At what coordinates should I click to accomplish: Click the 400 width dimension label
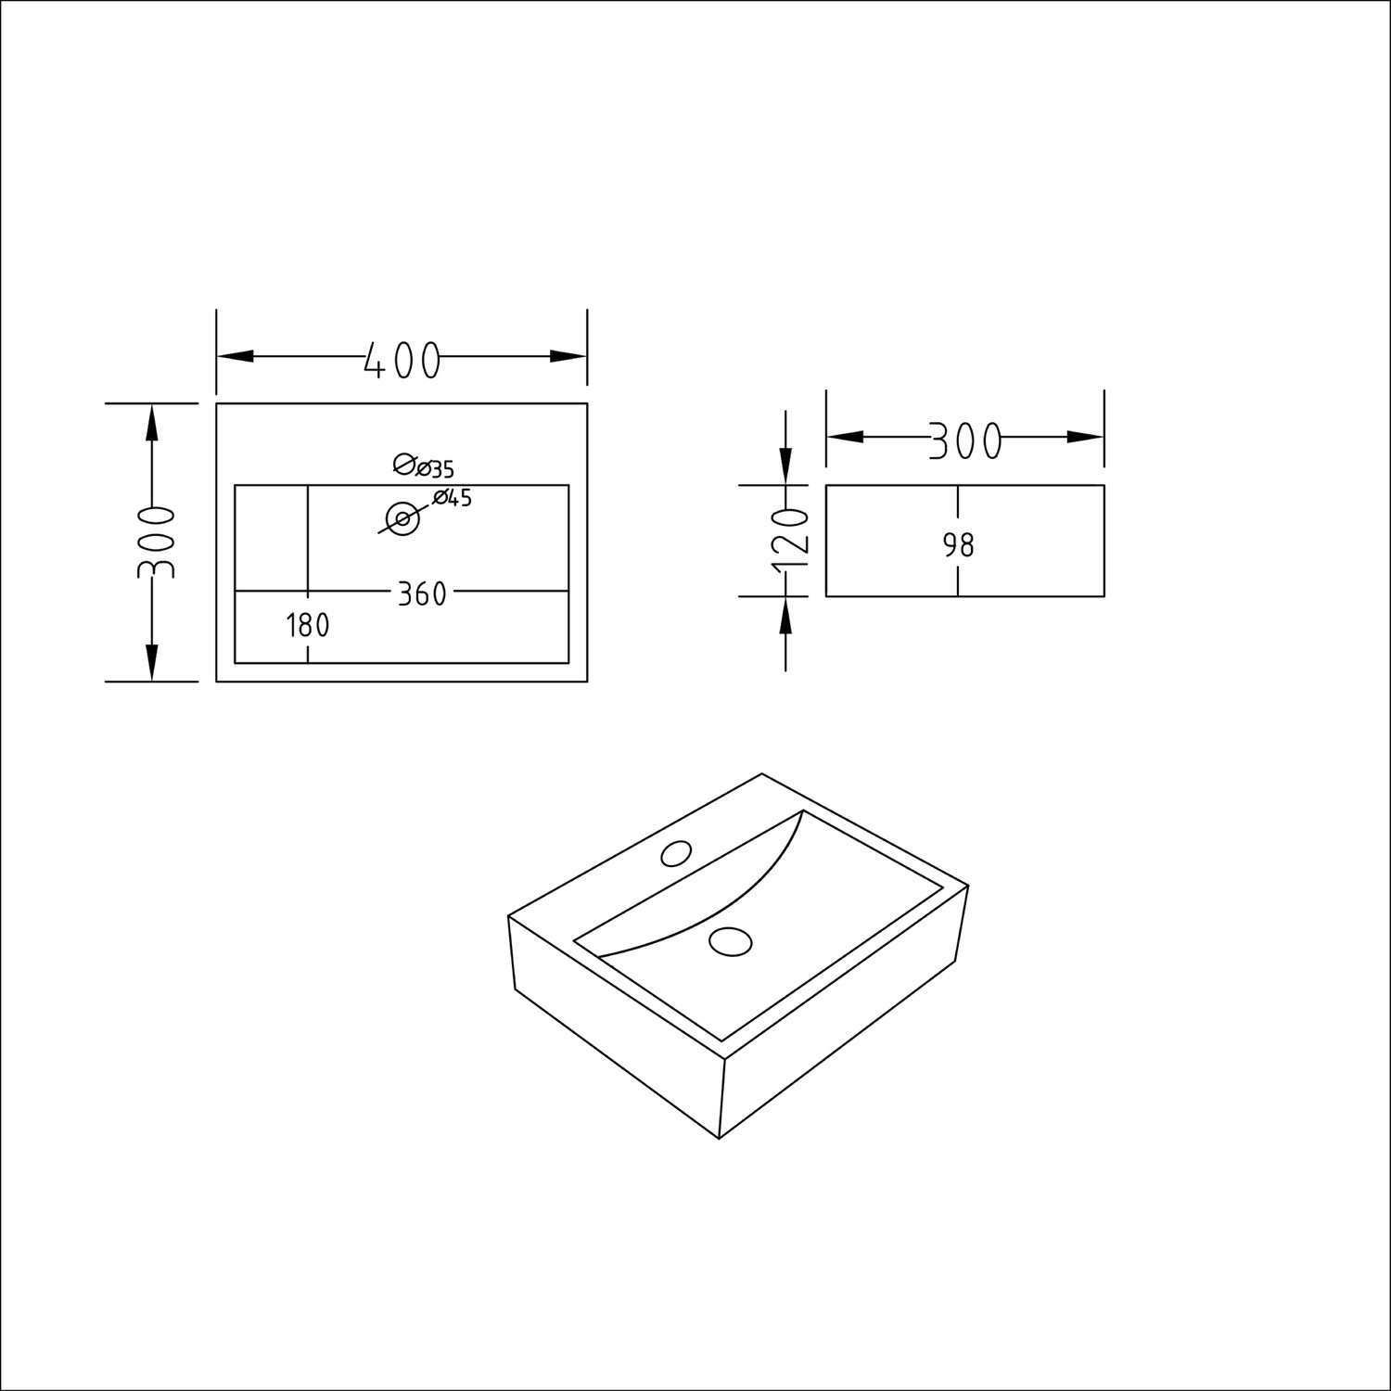pos(401,360)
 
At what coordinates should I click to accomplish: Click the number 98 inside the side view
pos(959,545)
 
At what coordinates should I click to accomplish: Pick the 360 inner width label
pos(422,594)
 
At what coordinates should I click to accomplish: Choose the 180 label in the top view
pos(308,626)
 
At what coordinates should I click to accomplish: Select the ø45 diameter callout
pos(453,498)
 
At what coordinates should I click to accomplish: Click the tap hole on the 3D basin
pos(677,852)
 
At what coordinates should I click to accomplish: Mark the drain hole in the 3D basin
pos(730,940)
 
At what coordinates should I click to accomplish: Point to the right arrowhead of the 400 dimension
pos(568,356)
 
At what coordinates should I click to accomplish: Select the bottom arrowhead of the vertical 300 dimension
pos(152,662)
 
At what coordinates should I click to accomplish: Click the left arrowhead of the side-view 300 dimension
pos(845,437)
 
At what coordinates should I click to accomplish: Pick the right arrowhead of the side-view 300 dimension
pos(1085,437)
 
